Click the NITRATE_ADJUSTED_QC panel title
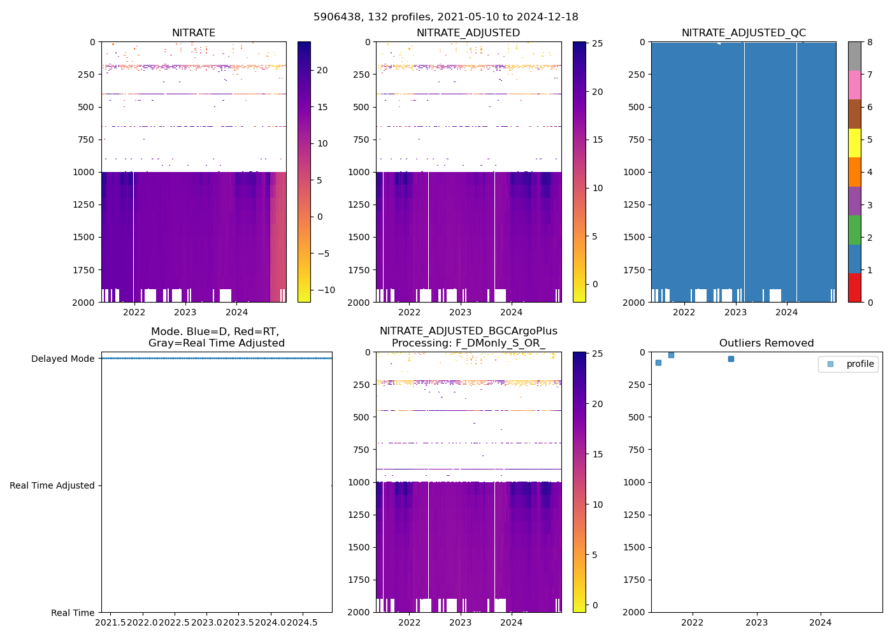744,33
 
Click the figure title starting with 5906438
446,17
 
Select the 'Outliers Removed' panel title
766,343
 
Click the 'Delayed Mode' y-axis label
62,359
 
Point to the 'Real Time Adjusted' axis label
52,485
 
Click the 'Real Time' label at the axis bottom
73,613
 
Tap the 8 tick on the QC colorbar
870,43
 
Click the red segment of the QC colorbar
854,288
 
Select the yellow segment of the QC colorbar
854,143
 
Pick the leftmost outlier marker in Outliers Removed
658,362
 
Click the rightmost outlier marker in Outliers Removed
731,359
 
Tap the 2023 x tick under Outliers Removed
757,622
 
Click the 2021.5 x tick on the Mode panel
110,622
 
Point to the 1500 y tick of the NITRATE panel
84,237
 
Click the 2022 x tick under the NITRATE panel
134,312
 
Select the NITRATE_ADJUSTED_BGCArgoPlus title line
468,331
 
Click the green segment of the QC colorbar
854,230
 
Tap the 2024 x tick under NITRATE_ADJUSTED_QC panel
787,312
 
